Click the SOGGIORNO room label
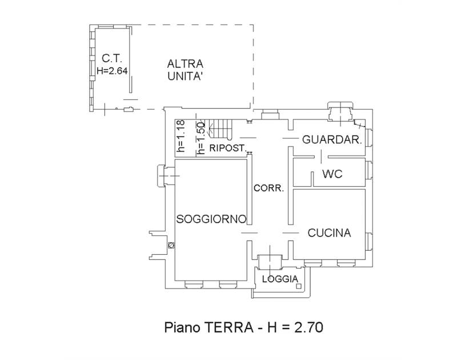211,219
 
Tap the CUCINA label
329,233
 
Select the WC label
332,174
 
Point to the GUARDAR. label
332,139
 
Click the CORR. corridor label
268,188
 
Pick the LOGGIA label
280,279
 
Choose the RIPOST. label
227,148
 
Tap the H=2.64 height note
112,71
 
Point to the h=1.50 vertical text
201,138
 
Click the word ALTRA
185,63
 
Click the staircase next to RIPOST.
219,129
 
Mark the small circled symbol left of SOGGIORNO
171,245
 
